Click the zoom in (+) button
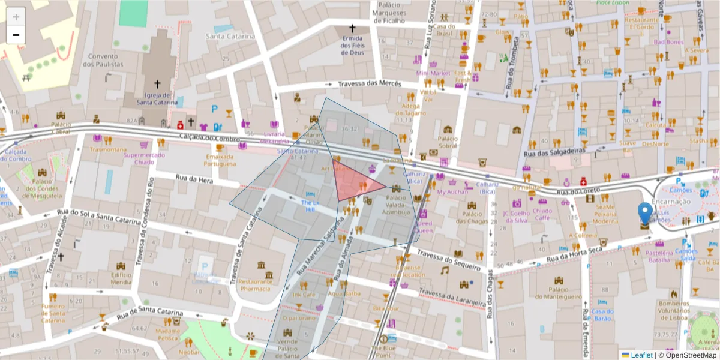pos(16,17)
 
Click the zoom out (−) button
pos(16,35)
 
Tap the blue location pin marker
pos(645,214)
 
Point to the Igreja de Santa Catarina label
pos(157,98)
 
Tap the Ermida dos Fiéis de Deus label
pos(352,46)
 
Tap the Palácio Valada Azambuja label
pos(395,205)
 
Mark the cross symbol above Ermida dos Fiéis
pos(352,28)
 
